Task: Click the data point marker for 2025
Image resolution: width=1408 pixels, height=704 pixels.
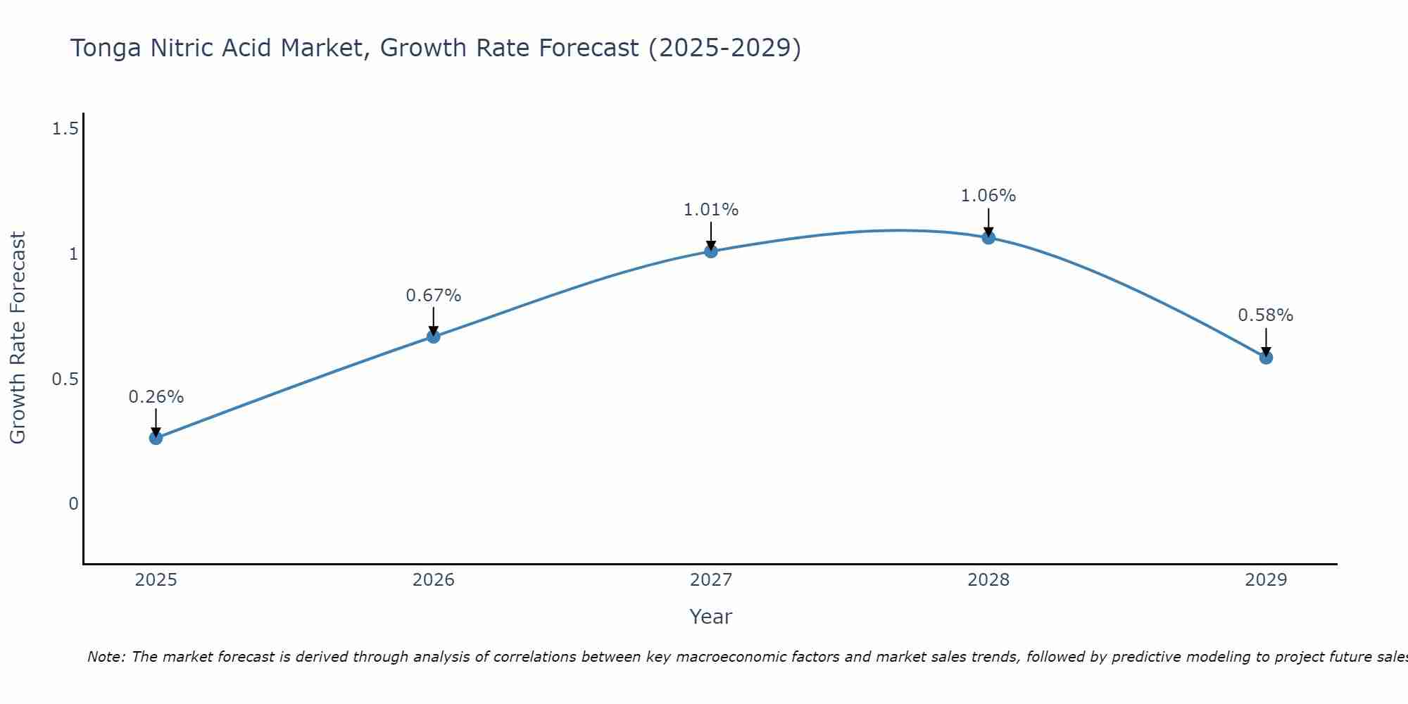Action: pyautogui.click(x=156, y=438)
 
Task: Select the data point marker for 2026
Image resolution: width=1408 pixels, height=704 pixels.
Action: pyautogui.click(x=434, y=337)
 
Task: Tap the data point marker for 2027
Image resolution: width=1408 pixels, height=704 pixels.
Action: pyautogui.click(x=711, y=251)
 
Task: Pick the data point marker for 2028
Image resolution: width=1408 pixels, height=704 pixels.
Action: pyautogui.click(x=988, y=237)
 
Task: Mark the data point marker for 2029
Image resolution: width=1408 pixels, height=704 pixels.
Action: pyautogui.click(x=1266, y=358)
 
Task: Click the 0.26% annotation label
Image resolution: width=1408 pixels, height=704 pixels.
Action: pyautogui.click(x=156, y=397)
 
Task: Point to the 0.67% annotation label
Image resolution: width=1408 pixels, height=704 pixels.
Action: pyautogui.click(x=434, y=296)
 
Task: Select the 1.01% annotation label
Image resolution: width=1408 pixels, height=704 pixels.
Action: pyautogui.click(x=711, y=210)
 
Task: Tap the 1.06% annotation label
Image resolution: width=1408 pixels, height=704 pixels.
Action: pyautogui.click(x=988, y=196)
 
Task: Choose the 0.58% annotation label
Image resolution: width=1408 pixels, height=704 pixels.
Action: pyautogui.click(x=1266, y=315)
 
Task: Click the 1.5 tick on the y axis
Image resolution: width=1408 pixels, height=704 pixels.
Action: pyautogui.click(x=65, y=129)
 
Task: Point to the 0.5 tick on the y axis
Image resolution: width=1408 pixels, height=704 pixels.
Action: pyautogui.click(x=65, y=379)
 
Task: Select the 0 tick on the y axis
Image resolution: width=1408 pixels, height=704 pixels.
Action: pyautogui.click(x=73, y=504)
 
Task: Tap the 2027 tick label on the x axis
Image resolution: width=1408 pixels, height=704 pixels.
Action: pyautogui.click(x=711, y=580)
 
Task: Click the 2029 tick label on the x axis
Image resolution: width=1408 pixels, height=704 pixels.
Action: pyautogui.click(x=1266, y=580)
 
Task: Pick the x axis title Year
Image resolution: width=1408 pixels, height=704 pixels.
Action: pyautogui.click(x=711, y=617)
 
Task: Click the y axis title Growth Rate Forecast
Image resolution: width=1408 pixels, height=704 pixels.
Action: pyautogui.click(x=18, y=338)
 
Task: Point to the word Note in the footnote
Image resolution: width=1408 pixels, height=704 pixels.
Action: pyautogui.click(x=105, y=657)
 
